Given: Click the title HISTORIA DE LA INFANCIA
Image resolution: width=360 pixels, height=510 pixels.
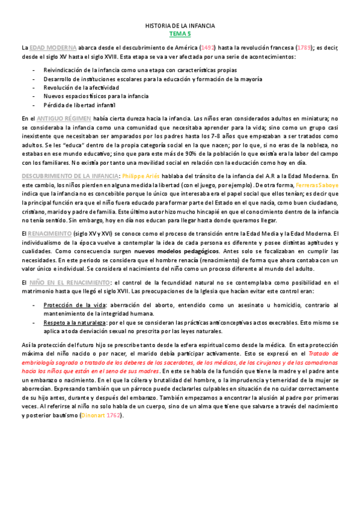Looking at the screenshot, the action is (x=180, y=26).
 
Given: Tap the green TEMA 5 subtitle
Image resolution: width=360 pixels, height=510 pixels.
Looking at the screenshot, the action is (x=180, y=35).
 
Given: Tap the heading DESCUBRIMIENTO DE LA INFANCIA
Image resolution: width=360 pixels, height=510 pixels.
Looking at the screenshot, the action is (x=70, y=176).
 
